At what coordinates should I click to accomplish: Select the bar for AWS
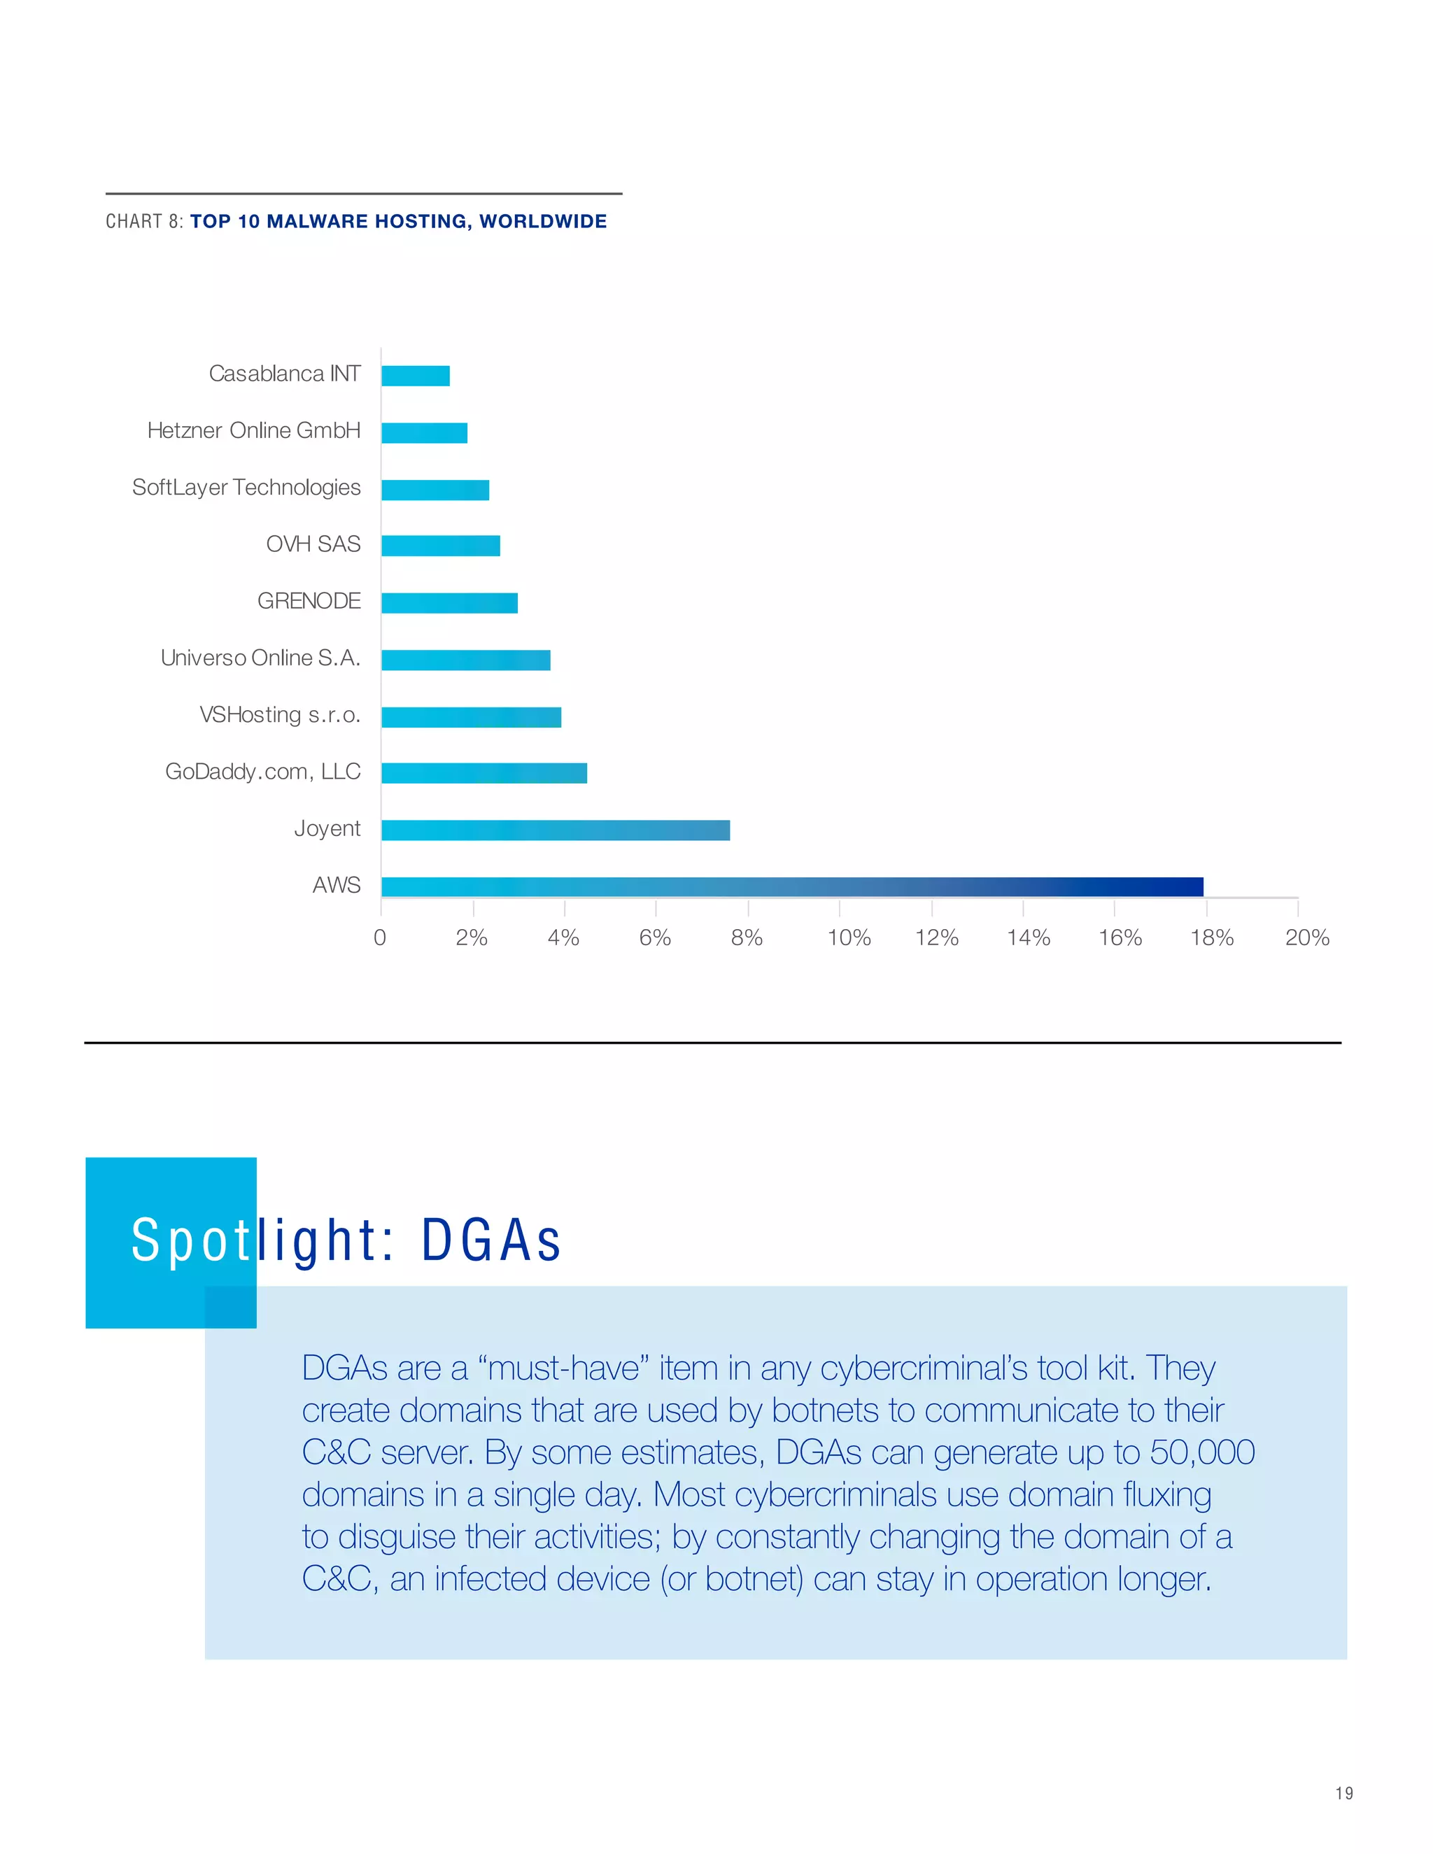(x=791, y=886)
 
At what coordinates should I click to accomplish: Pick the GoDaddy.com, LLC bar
(x=484, y=772)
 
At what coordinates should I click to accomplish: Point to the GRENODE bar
(x=449, y=602)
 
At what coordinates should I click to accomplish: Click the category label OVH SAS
(x=313, y=544)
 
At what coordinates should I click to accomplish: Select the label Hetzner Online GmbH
(x=254, y=430)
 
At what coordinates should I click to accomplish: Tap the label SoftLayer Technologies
(x=246, y=487)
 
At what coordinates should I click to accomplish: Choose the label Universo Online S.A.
(x=260, y=658)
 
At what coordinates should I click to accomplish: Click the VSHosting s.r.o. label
(x=280, y=715)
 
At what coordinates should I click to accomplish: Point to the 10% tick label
(x=849, y=937)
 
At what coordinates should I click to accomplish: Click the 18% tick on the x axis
(x=1211, y=937)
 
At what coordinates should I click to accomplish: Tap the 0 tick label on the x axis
(x=379, y=937)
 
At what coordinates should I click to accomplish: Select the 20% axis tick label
(x=1306, y=937)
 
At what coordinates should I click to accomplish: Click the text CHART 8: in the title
(x=143, y=222)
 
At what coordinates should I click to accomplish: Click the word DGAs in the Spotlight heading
(x=490, y=1240)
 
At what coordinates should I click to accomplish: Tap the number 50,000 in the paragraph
(x=1202, y=1452)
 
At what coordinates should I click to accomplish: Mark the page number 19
(x=1344, y=1794)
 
